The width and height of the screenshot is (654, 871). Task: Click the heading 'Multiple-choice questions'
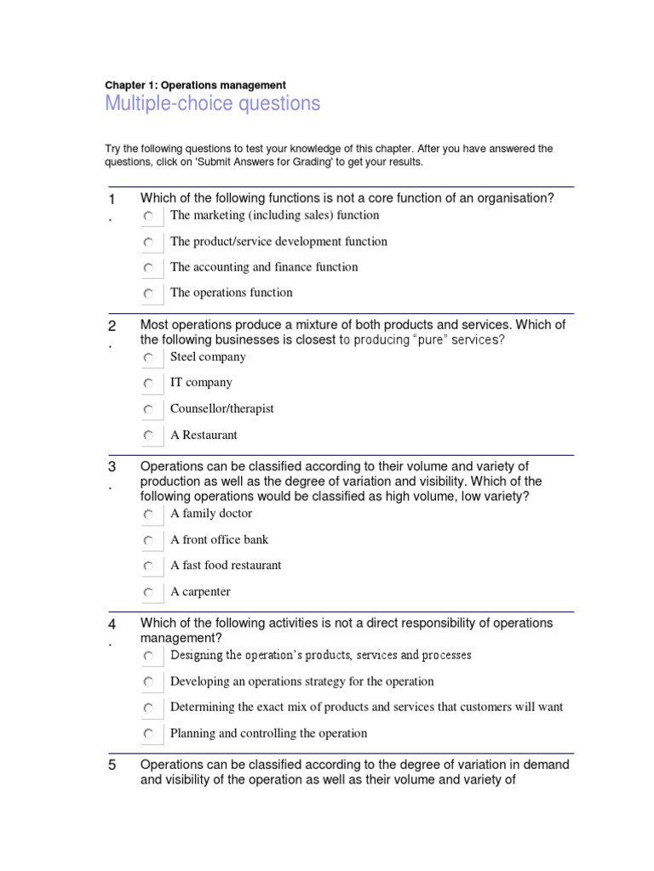click(212, 104)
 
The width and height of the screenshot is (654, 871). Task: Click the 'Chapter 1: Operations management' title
click(195, 85)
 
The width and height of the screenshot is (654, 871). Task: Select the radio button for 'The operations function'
click(149, 293)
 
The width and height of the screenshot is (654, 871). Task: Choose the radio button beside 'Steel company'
click(149, 358)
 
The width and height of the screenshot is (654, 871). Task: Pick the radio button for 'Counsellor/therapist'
click(149, 410)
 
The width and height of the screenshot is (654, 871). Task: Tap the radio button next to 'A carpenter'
click(149, 593)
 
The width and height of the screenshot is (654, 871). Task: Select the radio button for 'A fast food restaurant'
click(149, 566)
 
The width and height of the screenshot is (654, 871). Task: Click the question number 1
click(111, 199)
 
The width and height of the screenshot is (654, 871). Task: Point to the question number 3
click(111, 467)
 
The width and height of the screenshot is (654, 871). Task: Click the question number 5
click(111, 766)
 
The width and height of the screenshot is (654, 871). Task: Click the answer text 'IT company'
click(201, 383)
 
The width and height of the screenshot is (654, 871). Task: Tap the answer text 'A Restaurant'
click(204, 435)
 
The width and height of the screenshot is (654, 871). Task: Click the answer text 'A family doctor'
click(211, 514)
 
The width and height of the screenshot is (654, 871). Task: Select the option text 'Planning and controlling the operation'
click(268, 733)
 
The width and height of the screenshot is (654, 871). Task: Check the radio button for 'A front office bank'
click(149, 541)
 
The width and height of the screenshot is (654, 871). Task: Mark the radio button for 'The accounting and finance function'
click(149, 268)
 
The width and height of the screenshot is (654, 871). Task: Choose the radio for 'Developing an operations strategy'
click(149, 682)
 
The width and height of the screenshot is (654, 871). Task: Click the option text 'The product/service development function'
click(278, 242)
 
